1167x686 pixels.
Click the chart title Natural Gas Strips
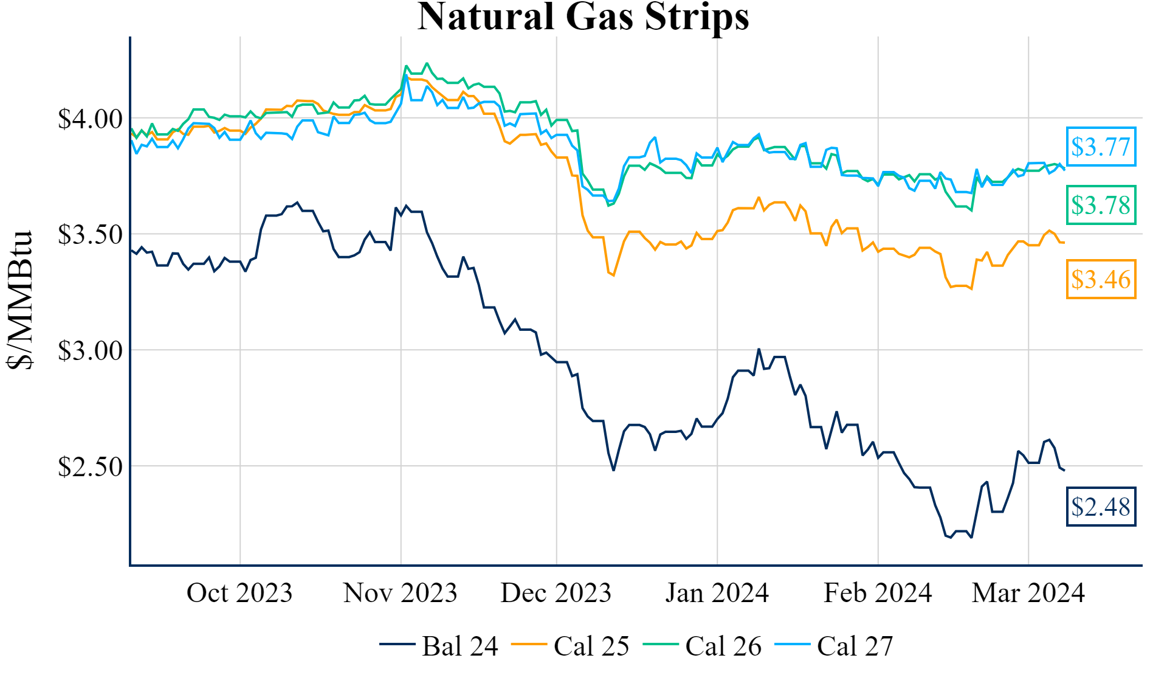coord(583,17)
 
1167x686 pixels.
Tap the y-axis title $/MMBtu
coord(19,300)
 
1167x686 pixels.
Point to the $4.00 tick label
coord(90,119)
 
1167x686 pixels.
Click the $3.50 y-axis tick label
coord(90,235)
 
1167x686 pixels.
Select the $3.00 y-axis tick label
coord(90,351)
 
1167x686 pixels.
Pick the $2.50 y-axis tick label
coord(90,467)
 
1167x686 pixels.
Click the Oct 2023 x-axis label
coord(239,593)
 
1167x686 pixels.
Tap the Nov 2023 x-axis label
coord(400,593)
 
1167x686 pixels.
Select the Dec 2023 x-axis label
coord(556,593)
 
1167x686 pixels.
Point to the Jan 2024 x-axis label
coord(717,593)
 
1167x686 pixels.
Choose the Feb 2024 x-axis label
coord(878,593)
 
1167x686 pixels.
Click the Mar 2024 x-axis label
coord(1028,593)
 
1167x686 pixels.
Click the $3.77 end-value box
coord(1101,147)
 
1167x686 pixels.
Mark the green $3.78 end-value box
coord(1101,205)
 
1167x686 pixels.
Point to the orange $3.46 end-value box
coord(1101,279)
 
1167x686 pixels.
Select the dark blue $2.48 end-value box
coord(1101,507)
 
